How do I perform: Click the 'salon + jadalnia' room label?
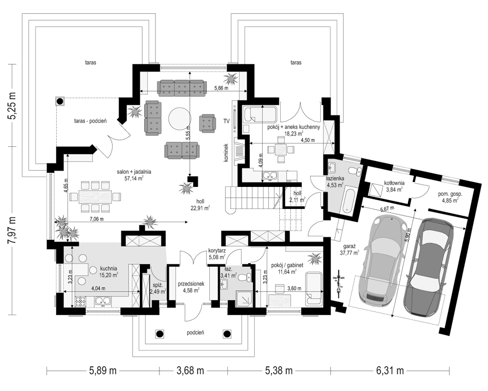[134, 171]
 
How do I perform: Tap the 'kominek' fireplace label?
[226, 153]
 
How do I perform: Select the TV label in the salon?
[226, 121]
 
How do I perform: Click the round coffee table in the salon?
[179, 118]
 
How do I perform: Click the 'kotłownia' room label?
[394, 183]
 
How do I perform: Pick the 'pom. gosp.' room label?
[450, 194]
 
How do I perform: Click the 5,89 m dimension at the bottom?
[103, 371]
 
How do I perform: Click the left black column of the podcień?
[160, 334]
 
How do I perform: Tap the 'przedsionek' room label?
[191, 284]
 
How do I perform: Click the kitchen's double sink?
[103, 301]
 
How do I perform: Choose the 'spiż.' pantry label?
[156, 285]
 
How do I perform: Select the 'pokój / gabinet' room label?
[287, 265]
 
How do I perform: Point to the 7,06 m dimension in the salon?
[96, 219]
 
